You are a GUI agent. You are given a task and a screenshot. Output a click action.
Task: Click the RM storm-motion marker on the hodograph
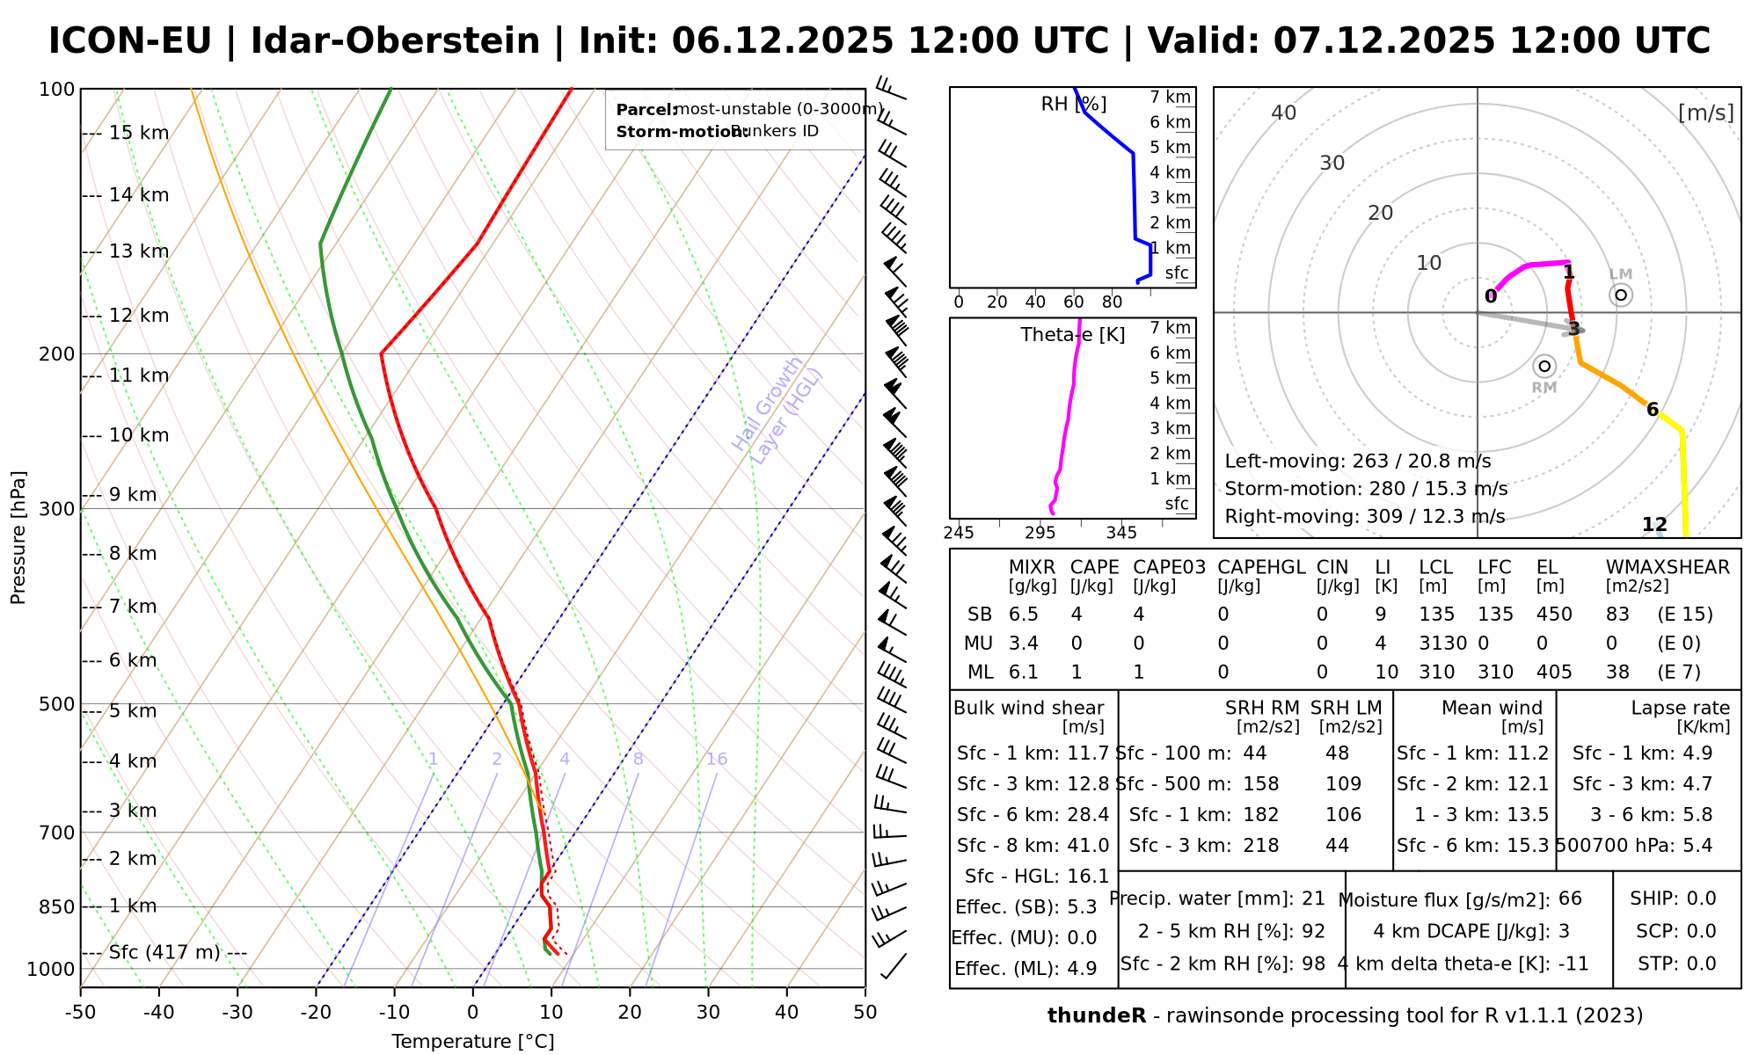(1544, 367)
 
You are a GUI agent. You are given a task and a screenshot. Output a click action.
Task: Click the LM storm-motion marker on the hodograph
(1621, 295)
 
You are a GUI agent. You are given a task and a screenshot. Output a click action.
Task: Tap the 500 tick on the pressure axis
(57, 704)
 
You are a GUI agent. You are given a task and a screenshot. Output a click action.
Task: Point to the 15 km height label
(139, 133)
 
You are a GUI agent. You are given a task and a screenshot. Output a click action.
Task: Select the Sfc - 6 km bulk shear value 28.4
(1082, 815)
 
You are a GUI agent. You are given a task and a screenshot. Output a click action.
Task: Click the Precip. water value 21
(1313, 899)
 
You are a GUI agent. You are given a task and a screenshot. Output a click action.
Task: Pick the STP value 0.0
(1701, 964)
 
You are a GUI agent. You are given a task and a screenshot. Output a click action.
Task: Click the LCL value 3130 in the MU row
(1442, 644)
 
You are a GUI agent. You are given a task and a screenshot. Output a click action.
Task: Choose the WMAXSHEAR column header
(1668, 568)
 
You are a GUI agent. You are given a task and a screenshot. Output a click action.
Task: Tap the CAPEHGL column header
(1261, 568)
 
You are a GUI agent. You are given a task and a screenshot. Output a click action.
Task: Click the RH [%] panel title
(1073, 105)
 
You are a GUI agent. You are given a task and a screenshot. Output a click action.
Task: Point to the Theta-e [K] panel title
(1072, 335)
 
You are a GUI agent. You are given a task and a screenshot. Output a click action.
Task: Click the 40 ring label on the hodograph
(1284, 113)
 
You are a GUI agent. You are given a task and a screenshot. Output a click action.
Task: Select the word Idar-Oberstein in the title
(395, 41)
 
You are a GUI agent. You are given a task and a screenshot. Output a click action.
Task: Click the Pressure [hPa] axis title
(18, 537)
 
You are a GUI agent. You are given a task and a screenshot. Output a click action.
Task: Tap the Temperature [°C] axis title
(472, 1042)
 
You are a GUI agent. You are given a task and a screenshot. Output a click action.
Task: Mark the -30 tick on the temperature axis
(237, 1012)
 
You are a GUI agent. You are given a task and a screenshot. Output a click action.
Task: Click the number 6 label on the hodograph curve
(1652, 410)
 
